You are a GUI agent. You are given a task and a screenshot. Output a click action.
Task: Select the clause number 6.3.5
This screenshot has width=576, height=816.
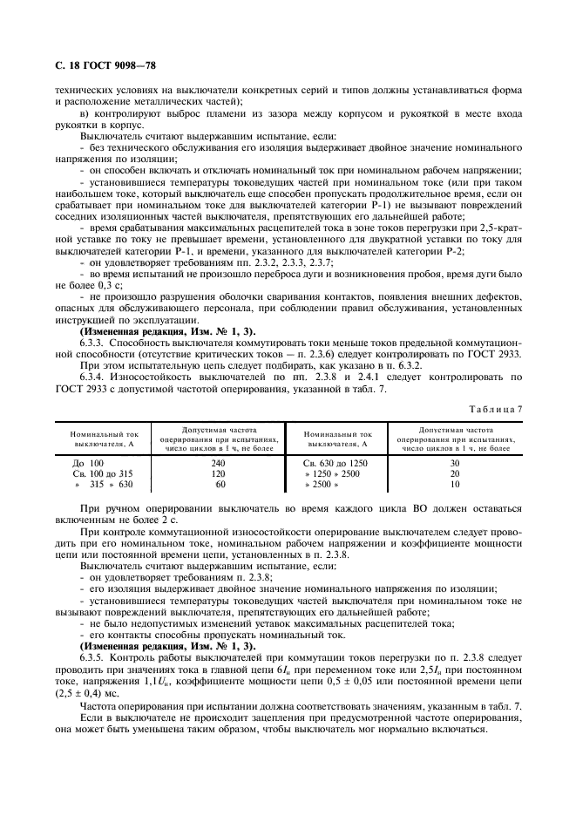point(93,658)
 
